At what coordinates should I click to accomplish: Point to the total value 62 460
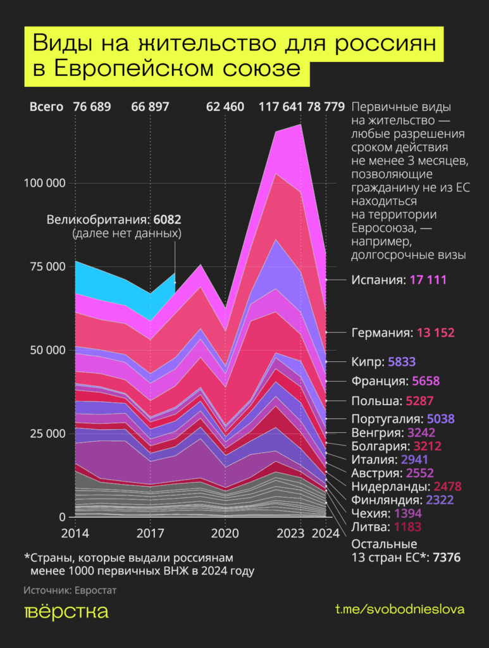pos(225,106)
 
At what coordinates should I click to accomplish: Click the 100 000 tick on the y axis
pos(44,183)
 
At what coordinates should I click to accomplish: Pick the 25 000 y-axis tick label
pos(47,433)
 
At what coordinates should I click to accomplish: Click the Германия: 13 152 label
pos(402,332)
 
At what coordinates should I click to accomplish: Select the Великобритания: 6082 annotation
pos(115,220)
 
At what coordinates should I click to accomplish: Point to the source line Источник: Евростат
pos(70,590)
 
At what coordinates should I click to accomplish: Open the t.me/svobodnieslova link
pos(400,609)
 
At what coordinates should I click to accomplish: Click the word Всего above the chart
pos(46,106)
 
